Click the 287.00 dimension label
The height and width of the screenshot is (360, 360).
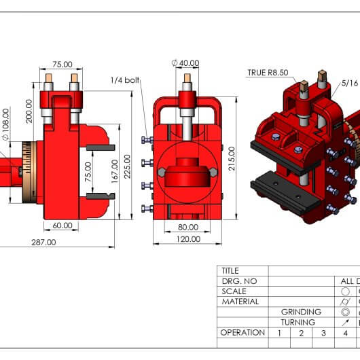pos(43,242)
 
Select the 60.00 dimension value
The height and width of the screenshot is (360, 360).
pos(62,226)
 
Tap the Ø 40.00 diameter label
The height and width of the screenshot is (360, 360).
pos(185,63)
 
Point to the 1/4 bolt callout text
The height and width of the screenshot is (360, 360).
pos(125,80)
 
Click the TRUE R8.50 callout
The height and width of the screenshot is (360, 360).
pos(268,73)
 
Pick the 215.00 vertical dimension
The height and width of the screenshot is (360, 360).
pos(232,158)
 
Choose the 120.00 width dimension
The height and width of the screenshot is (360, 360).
pos(188,239)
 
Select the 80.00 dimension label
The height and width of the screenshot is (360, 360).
pos(188,228)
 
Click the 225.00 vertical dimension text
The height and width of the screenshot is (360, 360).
pos(127,166)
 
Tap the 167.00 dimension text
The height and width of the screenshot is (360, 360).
pos(114,171)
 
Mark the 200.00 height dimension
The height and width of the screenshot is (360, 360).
pos(29,111)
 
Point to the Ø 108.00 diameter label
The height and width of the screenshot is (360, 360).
pos(5,124)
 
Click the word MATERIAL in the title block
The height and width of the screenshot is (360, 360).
pos(240,302)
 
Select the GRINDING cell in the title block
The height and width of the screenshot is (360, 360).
pos(301,312)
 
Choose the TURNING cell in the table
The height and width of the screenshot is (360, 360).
pos(298,323)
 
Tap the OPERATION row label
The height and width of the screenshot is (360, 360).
pos(242,332)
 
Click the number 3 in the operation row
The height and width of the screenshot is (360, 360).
pos(323,333)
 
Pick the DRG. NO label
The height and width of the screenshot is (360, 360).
pos(239,281)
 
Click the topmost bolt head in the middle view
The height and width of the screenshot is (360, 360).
pos(147,140)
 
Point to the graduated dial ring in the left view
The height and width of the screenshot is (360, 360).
pos(29,173)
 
